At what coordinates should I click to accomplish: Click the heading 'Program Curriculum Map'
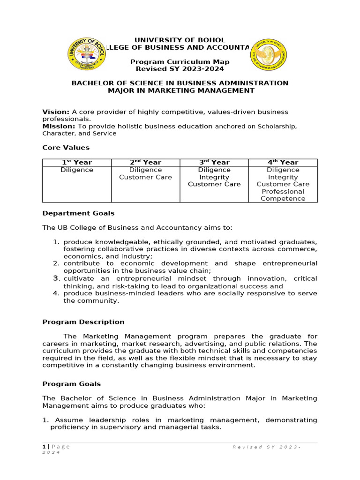[x=180, y=62]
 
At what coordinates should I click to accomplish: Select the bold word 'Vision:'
[x=56, y=112]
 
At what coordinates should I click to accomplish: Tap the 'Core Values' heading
[x=66, y=148]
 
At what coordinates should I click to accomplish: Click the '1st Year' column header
[x=77, y=162]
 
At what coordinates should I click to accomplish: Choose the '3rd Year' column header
[x=214, y=162]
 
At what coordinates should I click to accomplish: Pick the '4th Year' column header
[x=283, y=162]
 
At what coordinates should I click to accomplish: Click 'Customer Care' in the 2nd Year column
[x=145, y=177]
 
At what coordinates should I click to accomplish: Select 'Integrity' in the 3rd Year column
[x=214, y=177]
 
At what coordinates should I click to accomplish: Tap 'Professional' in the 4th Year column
[x=283, y=191]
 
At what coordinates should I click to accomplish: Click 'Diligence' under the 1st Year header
[x=77, y=170]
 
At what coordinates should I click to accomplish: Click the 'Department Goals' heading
[x=78, y=213]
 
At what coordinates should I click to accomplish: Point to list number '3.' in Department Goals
[x=56, y=278]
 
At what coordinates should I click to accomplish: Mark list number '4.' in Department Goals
[x=56, y=293]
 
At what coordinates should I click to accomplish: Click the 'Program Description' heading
[x=83, y=322]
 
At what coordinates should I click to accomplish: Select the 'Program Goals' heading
[x=71, y=384]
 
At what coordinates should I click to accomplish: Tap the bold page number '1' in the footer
[x=44, y=447]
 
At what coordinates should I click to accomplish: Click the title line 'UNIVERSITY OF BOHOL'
[x=180, y=40]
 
